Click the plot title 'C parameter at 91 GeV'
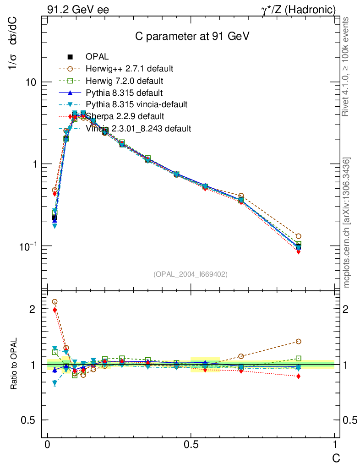tap(191, 36)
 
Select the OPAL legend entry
tap(97, 57)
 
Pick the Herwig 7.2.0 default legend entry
tap(124, 81)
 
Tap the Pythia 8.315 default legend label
tap(124, 93)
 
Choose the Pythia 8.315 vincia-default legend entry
tap(136, 105)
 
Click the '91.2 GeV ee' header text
tap(78, 10)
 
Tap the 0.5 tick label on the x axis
tap(191, 445)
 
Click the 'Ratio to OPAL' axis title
tap(14, 364)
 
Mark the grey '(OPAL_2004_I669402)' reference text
tap(191, 274)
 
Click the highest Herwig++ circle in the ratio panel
tap(55, 302)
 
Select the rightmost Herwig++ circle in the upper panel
tap(298, 236)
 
